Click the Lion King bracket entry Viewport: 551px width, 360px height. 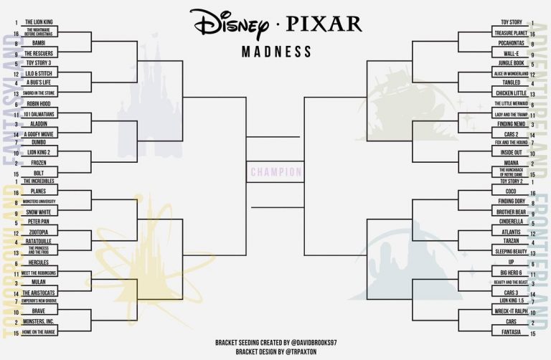(x=38, y=23)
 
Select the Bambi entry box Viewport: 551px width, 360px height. (x=38, y=43)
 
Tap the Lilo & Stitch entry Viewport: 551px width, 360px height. (x=38, y=73)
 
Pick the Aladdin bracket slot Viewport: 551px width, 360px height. (x=38, y=123)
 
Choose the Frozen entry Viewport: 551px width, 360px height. (x=38, y=164)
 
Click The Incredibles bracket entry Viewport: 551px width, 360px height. (x=38, y=181)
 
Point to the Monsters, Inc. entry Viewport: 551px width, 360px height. (x=38, y=323)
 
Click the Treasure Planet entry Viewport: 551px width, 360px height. (x=511, y=33)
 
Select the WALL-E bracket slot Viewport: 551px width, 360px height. (x=511, y=53)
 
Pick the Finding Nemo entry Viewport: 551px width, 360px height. (x=511, y=124)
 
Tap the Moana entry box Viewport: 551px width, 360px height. (x=511, y=164)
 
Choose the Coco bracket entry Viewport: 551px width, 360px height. (x=511, y=192)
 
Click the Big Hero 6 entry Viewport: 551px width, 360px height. (x=511, y=273)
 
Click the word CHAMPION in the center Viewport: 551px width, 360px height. (x=275, y=172)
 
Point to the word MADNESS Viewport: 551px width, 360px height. (x=276, y=52)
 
